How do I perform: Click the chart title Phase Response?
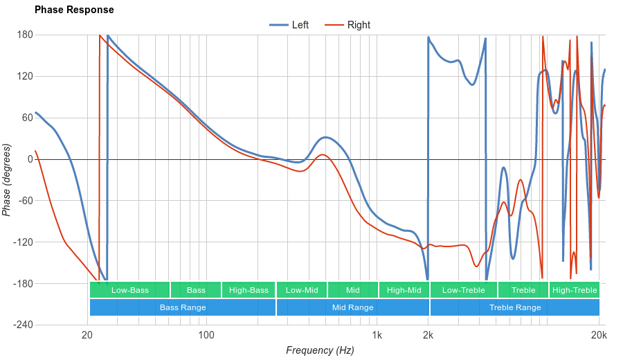[74, 10]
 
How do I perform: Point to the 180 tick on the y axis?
[25, 35]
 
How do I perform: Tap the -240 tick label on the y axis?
[23, 325]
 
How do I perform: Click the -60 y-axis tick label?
[25, 201]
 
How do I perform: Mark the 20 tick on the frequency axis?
[87, 336]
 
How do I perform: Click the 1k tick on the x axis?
[377, 336]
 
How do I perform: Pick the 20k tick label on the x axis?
[599, 336]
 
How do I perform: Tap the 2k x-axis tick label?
[428, 336]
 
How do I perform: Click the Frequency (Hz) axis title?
[320, 350]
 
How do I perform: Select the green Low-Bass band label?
[129, 290]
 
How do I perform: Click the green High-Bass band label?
[249, 290]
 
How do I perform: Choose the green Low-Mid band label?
[302, 290]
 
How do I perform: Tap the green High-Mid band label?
[404, 290]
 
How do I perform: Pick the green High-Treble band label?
[574, 290]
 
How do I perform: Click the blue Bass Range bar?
[182, 307]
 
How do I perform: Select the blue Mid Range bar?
[352, 307]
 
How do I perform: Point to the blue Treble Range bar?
[514, 307]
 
